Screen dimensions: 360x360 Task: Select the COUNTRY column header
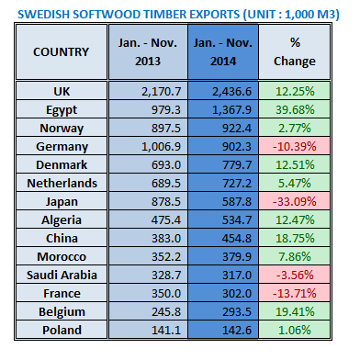[61, 52]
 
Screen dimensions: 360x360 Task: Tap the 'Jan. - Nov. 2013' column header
[140, 52]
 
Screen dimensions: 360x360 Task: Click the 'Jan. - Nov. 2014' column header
[220, 52]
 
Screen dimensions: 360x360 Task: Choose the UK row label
[61, 90]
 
